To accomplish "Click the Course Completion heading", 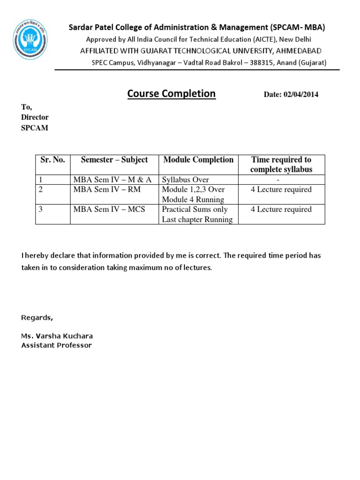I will pyautogui.click(x=171, y=94).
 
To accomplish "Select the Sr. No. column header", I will pyautogui.click(x=52, y=160).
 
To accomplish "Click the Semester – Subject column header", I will pyautogui.click(x=114, y=160).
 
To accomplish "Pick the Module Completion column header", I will pyautogui.click(x=198, y=160).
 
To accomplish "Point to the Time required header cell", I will pyautogui.click(x=281, y=165).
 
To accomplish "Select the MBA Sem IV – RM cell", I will pyautogui.click(x=107, y=189).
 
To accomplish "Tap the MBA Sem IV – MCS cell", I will pyautogui.click(x=109, y=209).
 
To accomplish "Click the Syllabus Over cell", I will pyautogui.click(x=185, y=180).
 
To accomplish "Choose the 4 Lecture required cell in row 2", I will pyautogui.click(x=281, y=189).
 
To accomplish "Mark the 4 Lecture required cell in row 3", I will pyautogui.click(x=281, y=209).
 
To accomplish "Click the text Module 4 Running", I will pyautogui.click(x=193, y=200).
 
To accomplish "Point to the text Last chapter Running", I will pyautogui.click(x=197, y=219).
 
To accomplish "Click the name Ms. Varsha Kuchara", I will pyautogui.click(x=57, y=336).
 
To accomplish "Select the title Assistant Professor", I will pyautogui.click(x=57, y=345).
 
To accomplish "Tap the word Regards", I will pyautogui.click(x=37, y=318).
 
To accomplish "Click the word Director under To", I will pyautogui.click(x=35, y=117).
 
